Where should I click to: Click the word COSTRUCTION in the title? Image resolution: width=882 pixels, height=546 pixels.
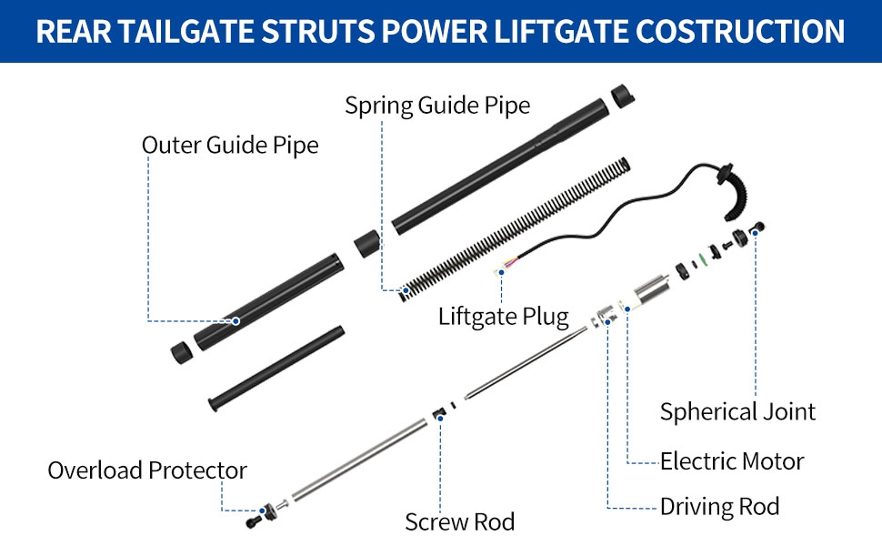pyautogui.click(x=740, y=31)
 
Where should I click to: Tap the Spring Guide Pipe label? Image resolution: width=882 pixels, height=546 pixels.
pyautogui.click(x=437, y=106)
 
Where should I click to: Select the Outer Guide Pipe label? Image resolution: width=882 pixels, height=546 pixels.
pyautogui.click(x=230, y=145)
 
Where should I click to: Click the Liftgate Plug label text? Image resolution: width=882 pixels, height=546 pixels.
pyautogui.click(x=504, y=317)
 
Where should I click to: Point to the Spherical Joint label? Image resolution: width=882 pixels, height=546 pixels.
pyautogui.click(x=737, y=411)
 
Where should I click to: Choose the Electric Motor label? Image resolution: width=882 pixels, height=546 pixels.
pyautogui.click(x=732, y=461)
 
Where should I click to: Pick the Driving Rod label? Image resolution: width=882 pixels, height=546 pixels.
pyautogui.click(x=719, y=507)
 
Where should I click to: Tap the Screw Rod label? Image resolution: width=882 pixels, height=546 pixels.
pyautogui.click(x=459, y=521)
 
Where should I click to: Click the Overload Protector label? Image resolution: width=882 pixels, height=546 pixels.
pyautogui.click(x=146, y=470)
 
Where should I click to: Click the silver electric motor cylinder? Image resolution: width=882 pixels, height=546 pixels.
pyautogui.click(x=651, y=291)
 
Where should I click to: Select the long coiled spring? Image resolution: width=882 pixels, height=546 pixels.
pyautogui.click(x=515, y=229)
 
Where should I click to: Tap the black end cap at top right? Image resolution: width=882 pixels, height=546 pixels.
pyautogui.click(x=623, y=96)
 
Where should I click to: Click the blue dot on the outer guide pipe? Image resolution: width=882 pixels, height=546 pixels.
pyautogui.click(x=236, y=321)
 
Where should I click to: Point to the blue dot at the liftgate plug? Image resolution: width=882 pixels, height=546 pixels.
pyautogui.click(x=501, y=272)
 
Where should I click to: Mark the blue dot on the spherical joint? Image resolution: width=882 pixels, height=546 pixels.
pyautogui.click(x=755, y=232)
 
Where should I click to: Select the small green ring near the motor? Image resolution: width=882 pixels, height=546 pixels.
pyautogui.click(x=702, y=259)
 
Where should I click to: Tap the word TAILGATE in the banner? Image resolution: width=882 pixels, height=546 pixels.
pyautogui.click(x=186, y=31)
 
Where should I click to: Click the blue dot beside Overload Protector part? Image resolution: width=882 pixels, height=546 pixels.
pyautogui.click(x=262, y=511)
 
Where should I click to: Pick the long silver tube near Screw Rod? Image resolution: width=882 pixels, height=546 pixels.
pyautogui.click(x=360, y=460)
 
